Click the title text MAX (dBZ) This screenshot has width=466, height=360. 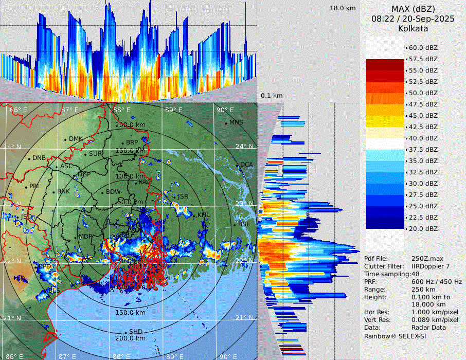click(x=414, y=9)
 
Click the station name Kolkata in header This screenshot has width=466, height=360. click(x=414, y=29)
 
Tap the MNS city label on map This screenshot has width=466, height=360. click(x=236, y=122)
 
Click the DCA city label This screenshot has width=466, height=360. click(x=246, y=165)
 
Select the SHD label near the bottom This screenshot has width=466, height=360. click(x=135, y=331)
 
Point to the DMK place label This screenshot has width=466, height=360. click(x=76, y=139)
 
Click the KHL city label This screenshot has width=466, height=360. click(x=204, y=215)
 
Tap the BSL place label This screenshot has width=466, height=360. click(x=243, y=224)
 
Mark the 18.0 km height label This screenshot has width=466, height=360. click(x=343, y=8)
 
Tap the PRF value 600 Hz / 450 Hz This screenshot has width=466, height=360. click(x=437, y=282)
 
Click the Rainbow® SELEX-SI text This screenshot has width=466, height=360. click(x=395, y=336)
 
